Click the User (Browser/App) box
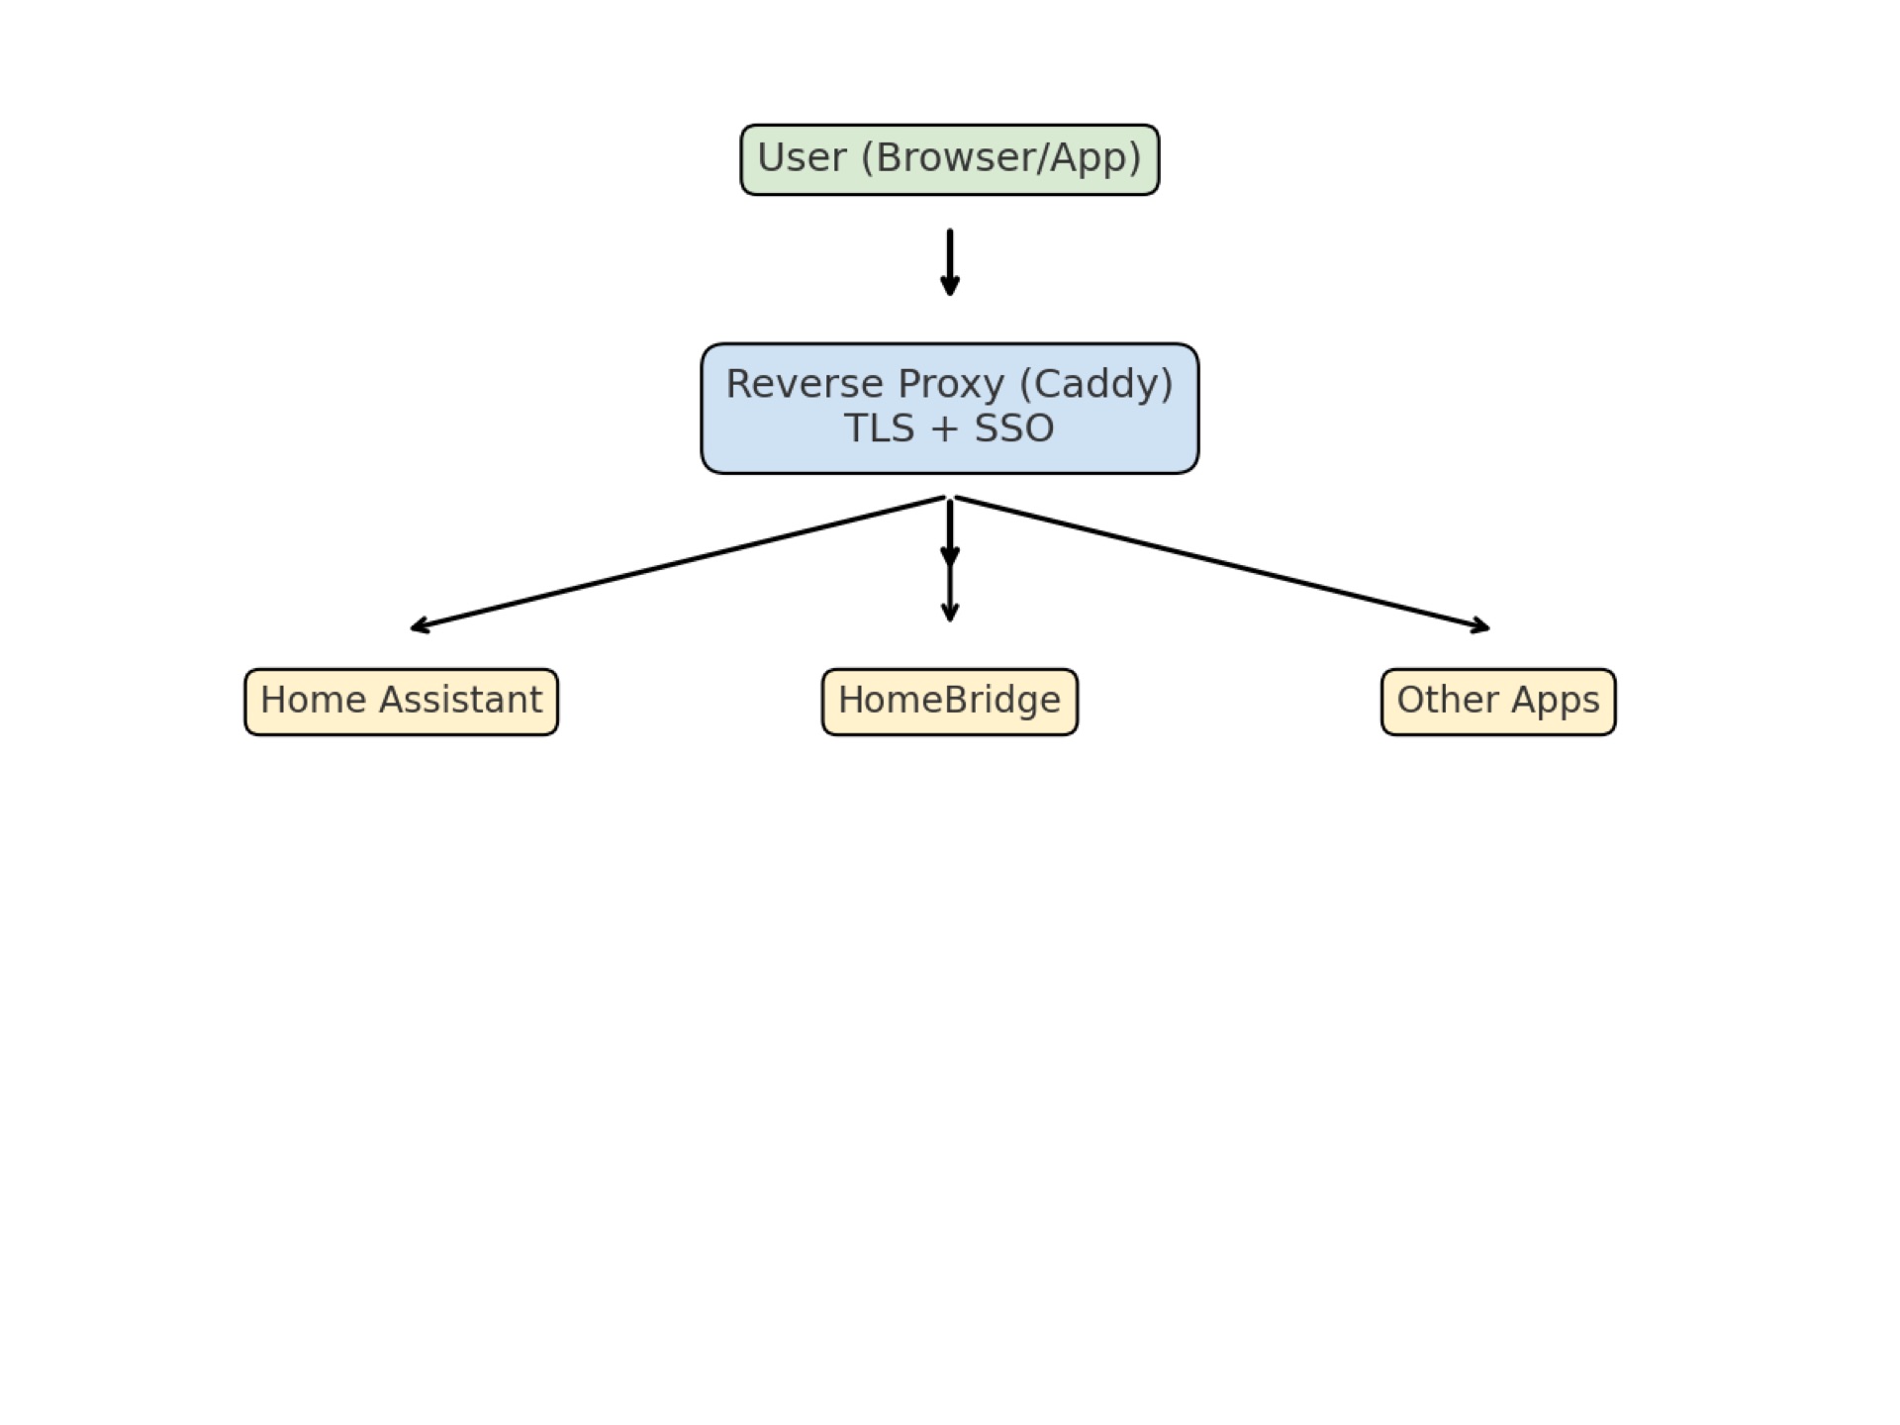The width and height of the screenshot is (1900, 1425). [x=949, y=159]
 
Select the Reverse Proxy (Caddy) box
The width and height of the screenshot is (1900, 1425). [x=949, y=408]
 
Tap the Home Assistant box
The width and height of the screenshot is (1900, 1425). [x=401, y=702]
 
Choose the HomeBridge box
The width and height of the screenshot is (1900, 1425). [x=949, y=702]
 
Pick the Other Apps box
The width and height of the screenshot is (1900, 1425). [x=1497, y=702]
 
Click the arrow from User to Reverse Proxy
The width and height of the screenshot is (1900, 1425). [x=949, y=262]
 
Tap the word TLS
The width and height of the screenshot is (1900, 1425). [x=880, y=428]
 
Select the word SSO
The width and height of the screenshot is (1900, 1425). [x=1014, y=428]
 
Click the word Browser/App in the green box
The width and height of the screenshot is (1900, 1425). [x=1001, y=158]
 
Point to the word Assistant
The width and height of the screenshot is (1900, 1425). [x=460, y=700]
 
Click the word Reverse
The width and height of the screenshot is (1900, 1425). [x=805, y=384]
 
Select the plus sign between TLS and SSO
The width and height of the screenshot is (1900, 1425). [x=945, y=429]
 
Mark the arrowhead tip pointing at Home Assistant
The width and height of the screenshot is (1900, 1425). [x=414, y=628]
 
